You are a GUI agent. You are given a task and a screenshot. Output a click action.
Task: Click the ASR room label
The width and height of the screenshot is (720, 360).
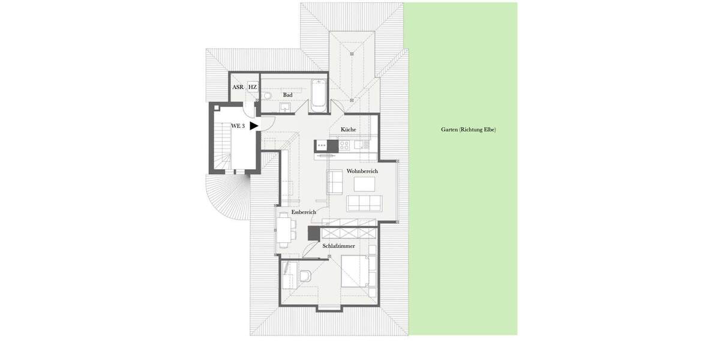238,88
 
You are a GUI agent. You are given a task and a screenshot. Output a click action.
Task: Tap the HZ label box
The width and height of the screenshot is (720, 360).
253,88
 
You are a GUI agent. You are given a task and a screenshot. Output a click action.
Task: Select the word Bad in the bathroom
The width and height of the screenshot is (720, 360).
288,95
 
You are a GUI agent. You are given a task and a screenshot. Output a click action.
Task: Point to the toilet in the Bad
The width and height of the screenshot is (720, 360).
268,95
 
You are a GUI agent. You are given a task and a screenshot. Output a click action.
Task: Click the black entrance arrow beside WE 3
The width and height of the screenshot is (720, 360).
254,125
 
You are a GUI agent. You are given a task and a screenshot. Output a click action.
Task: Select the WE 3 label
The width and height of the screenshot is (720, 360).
238,126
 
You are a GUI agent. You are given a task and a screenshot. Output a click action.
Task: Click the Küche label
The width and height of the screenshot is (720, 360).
348,130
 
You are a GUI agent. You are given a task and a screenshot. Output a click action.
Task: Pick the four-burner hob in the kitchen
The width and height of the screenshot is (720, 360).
345,145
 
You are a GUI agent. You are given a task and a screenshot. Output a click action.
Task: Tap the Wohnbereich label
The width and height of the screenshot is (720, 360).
362,172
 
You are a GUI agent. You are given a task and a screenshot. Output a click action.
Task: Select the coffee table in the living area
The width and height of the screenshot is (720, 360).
364,184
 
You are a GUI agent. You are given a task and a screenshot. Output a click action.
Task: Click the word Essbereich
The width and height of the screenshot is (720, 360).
304,212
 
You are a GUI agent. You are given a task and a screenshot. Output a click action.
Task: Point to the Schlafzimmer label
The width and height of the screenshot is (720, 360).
338,246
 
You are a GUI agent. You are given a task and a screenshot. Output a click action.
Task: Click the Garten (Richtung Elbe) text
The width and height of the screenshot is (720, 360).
469,130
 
